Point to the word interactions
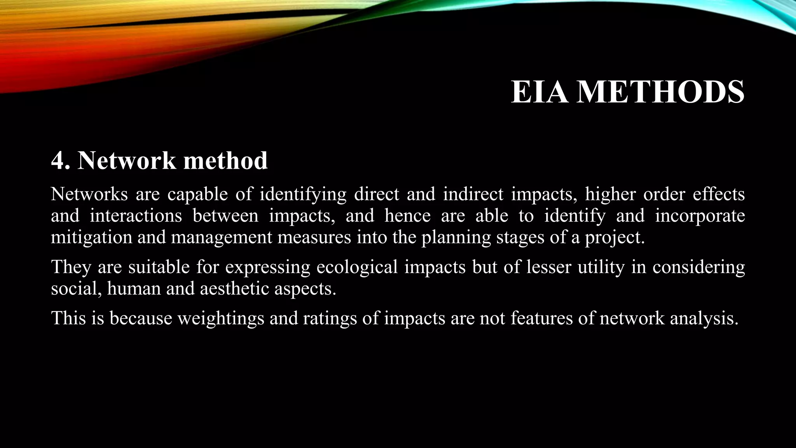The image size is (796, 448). coord(136,216)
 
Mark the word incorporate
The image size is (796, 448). coord(700,216)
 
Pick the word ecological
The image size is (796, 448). coord(357,267)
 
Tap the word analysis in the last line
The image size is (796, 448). coord(704,318)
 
